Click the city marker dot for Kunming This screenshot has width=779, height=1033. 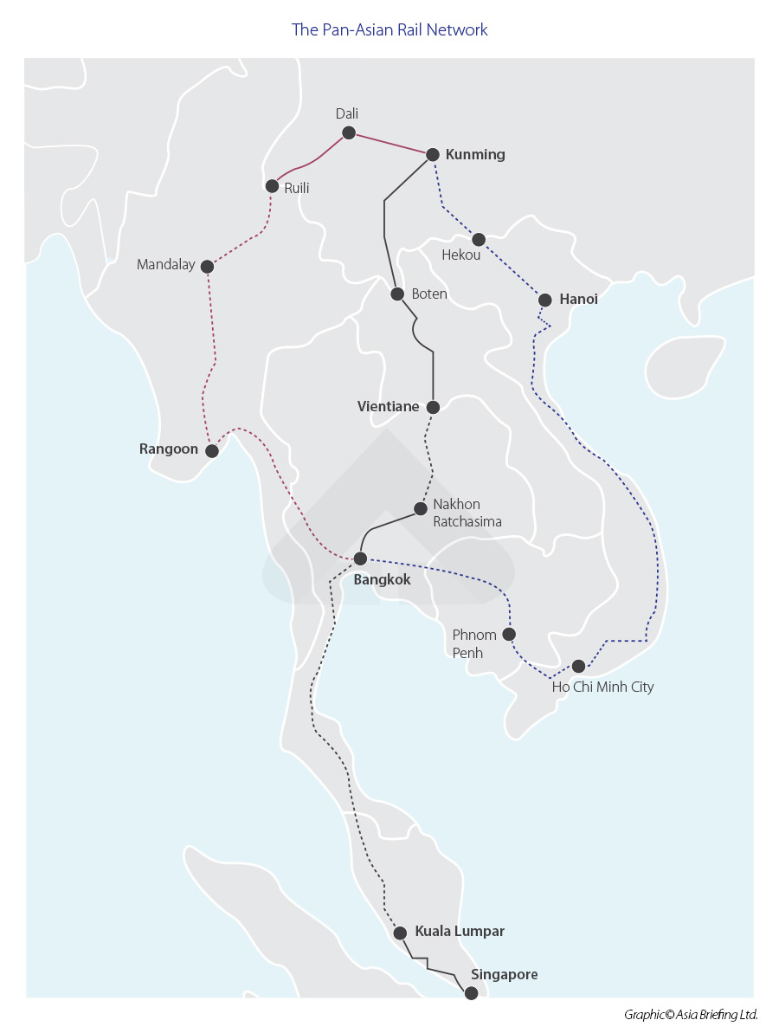(432, 155)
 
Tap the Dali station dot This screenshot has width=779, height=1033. (349, 132)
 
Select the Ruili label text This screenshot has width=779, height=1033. (297, 188)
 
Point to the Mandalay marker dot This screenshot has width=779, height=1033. (207, 267)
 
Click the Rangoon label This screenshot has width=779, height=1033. (168, 449)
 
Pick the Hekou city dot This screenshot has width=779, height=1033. (479, 239)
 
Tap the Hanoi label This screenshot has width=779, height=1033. (578, 300)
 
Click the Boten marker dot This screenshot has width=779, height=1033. (397, 294)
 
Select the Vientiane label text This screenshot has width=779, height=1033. (388, 406)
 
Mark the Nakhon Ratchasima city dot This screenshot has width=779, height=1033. (420, 509)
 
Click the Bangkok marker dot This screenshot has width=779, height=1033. (360, 558)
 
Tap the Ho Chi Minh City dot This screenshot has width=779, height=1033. (579, 666)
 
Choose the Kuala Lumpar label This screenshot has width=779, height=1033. (459, 932)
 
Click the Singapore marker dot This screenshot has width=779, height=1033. (471, 993)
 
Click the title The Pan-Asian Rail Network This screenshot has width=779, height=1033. (389, 30)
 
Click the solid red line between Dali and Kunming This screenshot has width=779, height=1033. (389, 144)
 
